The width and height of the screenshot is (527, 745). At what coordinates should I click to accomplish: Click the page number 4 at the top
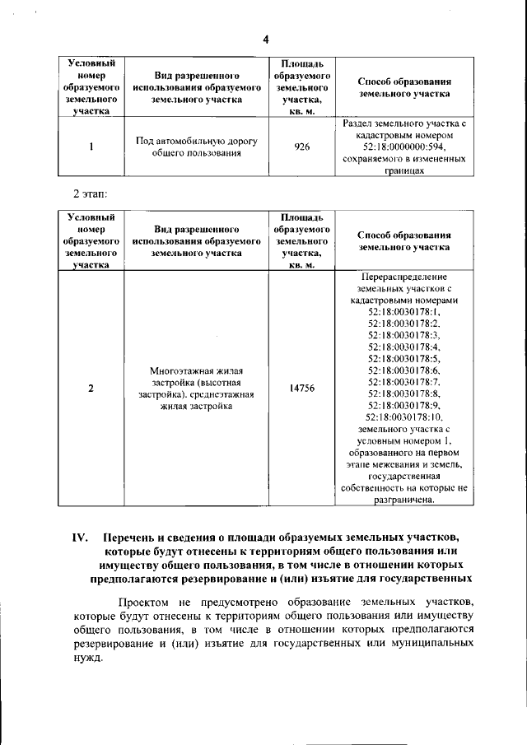click(x=266, y=40)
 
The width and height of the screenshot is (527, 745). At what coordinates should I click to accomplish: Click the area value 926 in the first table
click(x=301, y=147)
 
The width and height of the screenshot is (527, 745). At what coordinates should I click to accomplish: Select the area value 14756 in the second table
click(x=301, y=389)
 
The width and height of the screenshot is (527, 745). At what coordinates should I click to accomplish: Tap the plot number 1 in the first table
click(x=91, y=147)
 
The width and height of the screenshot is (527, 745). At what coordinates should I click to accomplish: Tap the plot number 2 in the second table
click(x=91, y=389)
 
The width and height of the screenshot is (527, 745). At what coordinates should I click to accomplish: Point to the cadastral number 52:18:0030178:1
click(x=405, y=312)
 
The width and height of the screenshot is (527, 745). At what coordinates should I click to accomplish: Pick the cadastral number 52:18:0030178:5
click(x=405, y=359)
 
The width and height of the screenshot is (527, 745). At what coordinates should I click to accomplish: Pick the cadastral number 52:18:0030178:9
click(x=405, y=406)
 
